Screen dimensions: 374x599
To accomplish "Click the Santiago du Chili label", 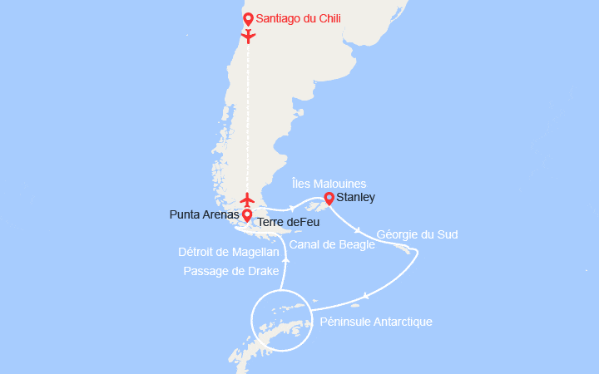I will click(298, 18).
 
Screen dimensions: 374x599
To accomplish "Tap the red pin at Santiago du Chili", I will click(247, 18).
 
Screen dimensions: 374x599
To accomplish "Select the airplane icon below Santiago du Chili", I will click(247, 36).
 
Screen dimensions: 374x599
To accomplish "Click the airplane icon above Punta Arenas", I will click(247, 199).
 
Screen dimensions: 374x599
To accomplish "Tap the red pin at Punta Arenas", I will click(247, 215).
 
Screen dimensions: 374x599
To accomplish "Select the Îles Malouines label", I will click(329, 183).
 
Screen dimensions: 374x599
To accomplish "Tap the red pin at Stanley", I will click(329, 198).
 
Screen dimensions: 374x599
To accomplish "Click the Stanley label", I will click(357, 198).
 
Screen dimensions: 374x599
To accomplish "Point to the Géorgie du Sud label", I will click(417, 234).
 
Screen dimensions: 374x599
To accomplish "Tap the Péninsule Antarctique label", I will click(375, 322).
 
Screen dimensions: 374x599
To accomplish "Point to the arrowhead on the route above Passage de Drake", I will click(285, 259).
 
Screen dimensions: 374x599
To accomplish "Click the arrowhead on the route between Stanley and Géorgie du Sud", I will click(358, 230).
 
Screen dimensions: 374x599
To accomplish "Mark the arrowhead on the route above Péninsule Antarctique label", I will click(365, 296).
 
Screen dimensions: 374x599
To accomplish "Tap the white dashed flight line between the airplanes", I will click(247, 116).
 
